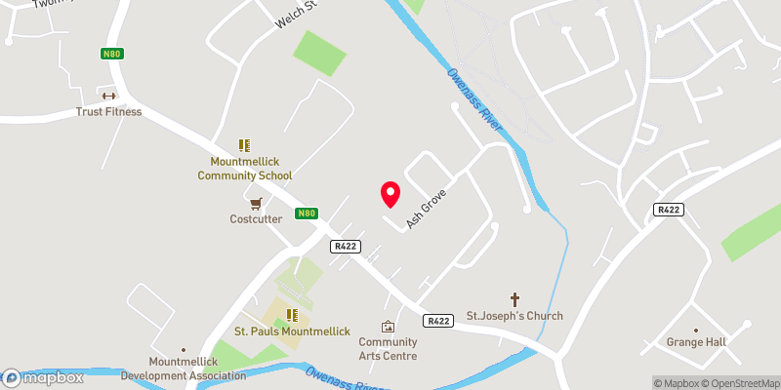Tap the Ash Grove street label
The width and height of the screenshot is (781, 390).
tap(426, 208)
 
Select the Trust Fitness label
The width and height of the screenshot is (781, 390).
tap(108, 111)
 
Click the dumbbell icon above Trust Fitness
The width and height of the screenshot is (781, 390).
tap(108, 96)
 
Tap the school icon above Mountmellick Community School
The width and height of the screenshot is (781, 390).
tap(244, 145)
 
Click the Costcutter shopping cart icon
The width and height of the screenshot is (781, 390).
tap(256, 204)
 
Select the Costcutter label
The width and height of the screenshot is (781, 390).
tap(256, 219)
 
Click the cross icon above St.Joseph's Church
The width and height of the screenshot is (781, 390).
tap(514, 299)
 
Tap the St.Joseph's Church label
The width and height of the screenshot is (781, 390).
tap(514, 316)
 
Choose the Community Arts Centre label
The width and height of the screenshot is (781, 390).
tap(388, 349)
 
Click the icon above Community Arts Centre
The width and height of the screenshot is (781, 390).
tap(388, 327)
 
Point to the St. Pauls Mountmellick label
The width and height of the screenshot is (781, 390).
tap(292, 331)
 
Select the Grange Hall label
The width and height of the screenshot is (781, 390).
tap(696, 343)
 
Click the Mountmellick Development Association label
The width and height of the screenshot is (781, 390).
tap(183, 369)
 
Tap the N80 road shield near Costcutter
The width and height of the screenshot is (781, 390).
tap(307, 214)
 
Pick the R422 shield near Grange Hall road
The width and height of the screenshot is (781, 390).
tap(668, 210)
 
